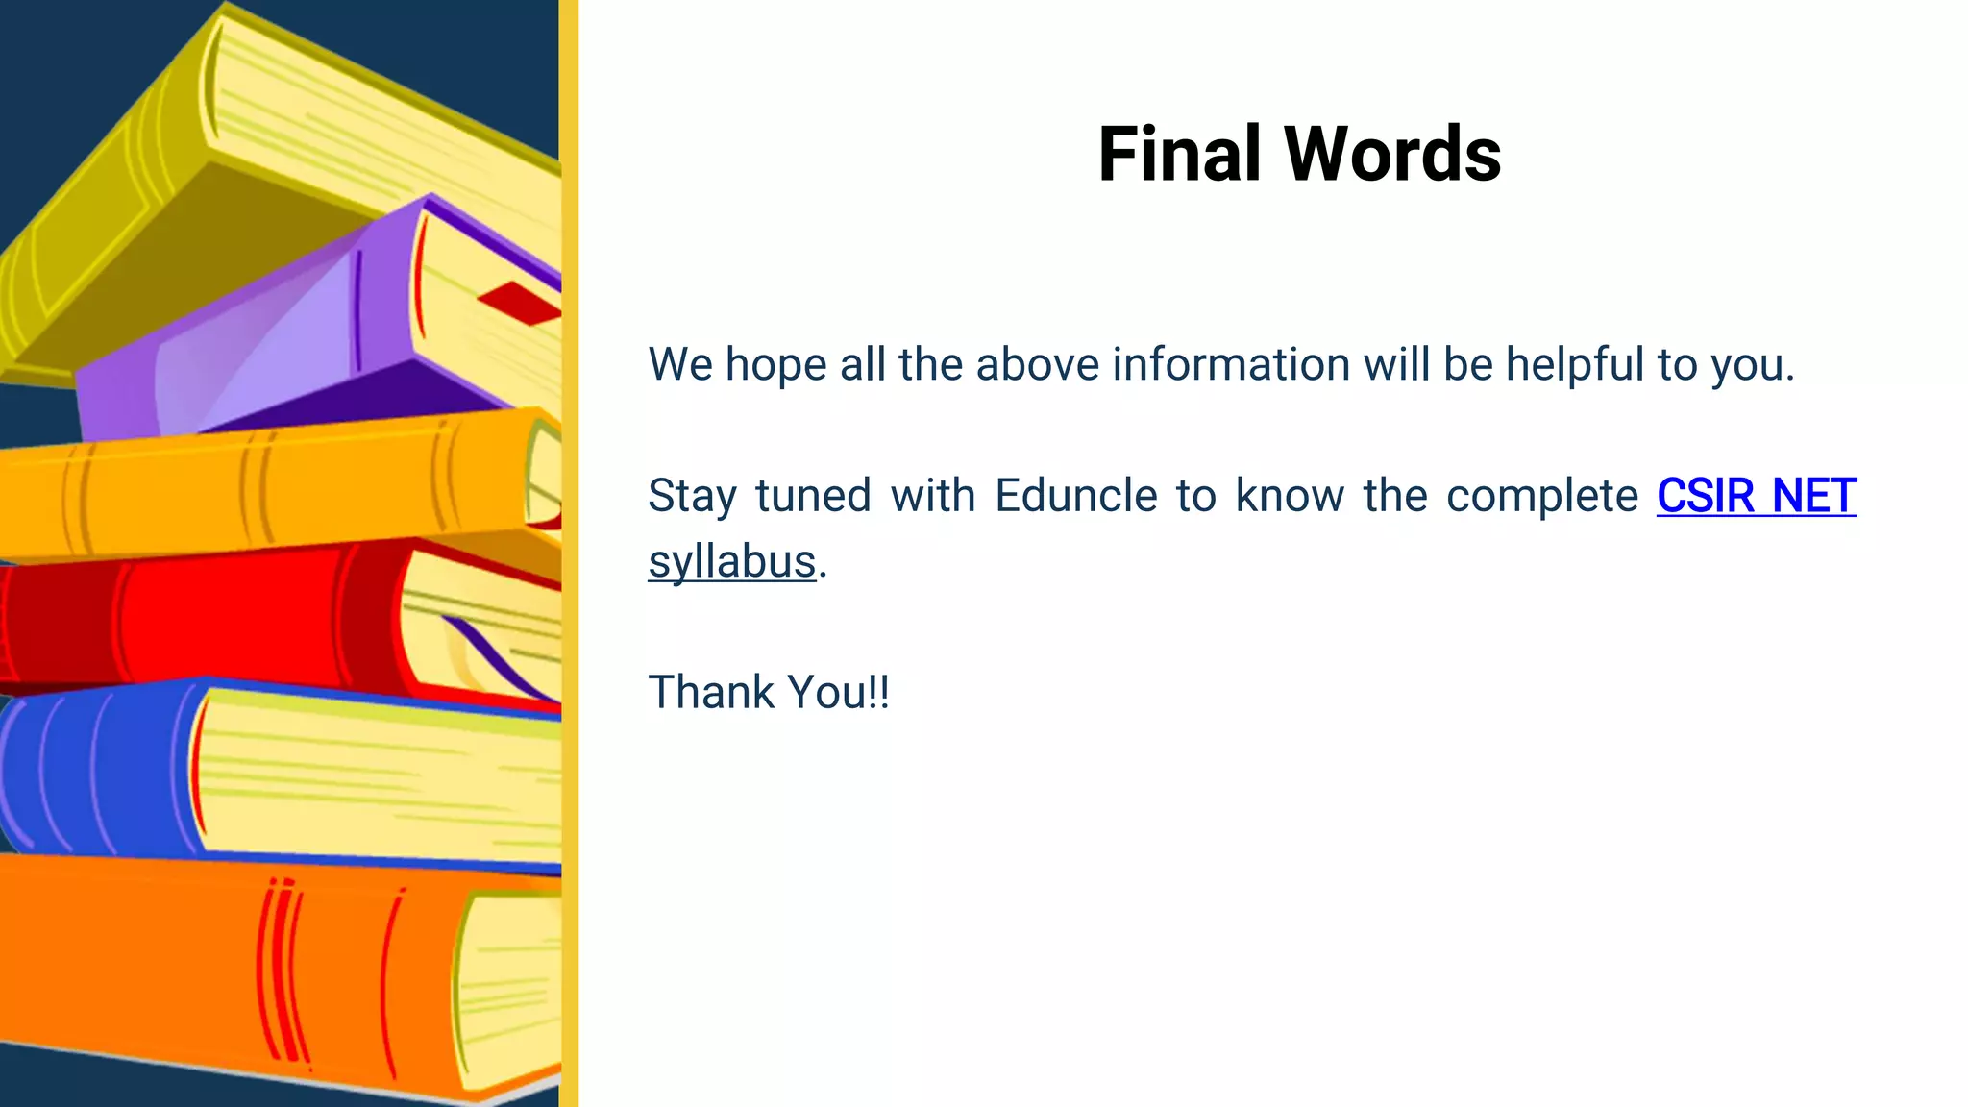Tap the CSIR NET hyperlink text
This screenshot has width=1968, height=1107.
point(1756,497)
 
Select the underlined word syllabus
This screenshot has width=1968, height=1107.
point(731,562)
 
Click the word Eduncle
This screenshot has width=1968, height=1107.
point(1075,497)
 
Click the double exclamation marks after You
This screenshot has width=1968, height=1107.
point(878,693)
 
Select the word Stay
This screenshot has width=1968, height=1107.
point(692,497)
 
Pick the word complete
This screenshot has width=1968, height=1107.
point(1541,497)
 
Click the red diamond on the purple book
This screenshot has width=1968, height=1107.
point(519,304)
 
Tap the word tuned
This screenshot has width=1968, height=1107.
point(812,497)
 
